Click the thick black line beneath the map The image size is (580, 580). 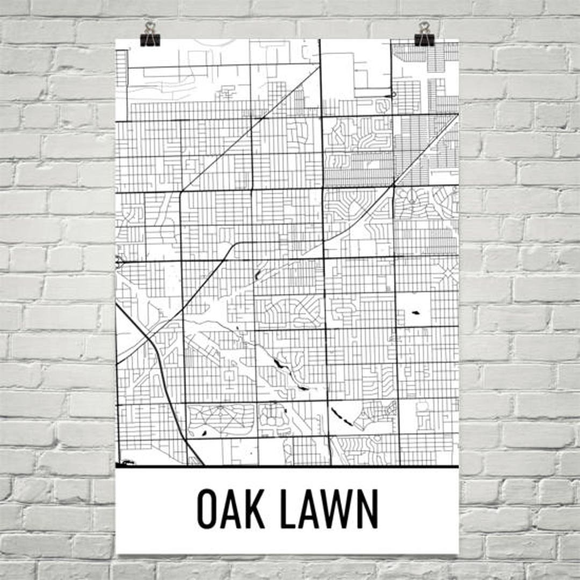pyautogui.click(x=287, y=466)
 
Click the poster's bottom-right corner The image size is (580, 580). pyautogui.click(x=458, y=553)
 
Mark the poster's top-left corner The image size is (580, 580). pyautogui.click(x=116, y=40)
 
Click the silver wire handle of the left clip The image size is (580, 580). pyautogui.click(x=150, y=27)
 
